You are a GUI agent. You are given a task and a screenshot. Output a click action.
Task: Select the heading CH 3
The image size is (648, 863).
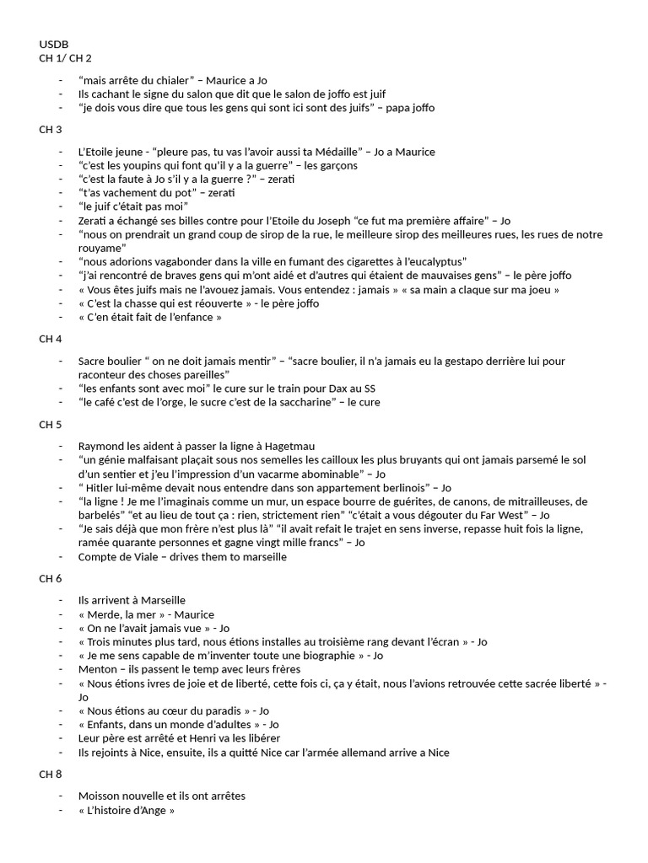(51, 129)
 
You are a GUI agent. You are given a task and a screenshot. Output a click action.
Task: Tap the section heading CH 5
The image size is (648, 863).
(51, 424)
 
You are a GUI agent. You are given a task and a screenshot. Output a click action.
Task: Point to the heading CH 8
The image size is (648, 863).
(51, 774)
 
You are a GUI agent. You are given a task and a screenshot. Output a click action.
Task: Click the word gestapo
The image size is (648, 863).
(456, 361)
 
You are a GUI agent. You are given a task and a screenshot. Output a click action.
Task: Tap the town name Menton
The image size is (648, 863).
(97, 669)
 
